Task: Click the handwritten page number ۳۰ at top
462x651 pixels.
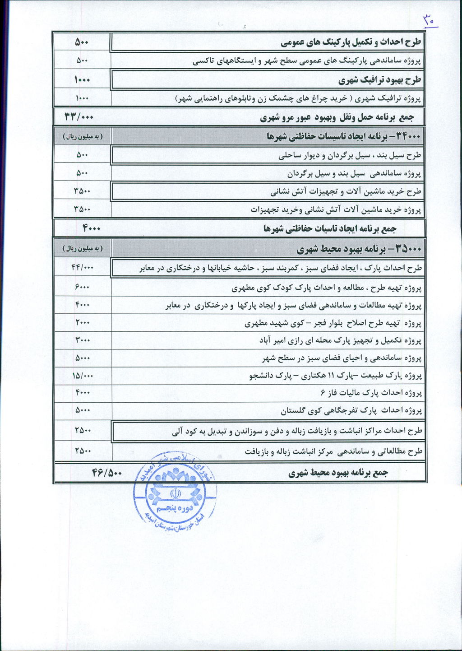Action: pos(430,20)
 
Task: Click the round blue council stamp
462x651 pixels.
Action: pos(175,494)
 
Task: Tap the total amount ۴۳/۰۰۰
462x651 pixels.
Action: pos(79,117)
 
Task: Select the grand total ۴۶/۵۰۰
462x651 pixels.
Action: pos(107,473)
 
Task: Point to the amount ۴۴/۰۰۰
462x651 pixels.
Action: pos(82,267)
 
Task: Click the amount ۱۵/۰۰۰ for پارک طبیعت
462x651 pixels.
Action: pos(82,375)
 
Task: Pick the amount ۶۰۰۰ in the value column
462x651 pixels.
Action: pos(82,287)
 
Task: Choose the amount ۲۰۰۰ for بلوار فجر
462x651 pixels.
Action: pos(82,322)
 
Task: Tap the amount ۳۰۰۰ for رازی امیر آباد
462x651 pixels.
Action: pos(82,340)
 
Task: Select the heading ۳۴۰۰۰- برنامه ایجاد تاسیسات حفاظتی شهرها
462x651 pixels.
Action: pos(343,136)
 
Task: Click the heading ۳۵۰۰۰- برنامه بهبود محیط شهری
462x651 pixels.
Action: pos(359,249)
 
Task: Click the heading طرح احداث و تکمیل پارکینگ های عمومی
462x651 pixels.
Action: pos(351,42)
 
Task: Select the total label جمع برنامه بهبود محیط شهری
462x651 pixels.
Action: pos(338,473)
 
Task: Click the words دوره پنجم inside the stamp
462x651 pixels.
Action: pos(175,508)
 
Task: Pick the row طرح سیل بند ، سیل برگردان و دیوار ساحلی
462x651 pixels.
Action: pos(350,156)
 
